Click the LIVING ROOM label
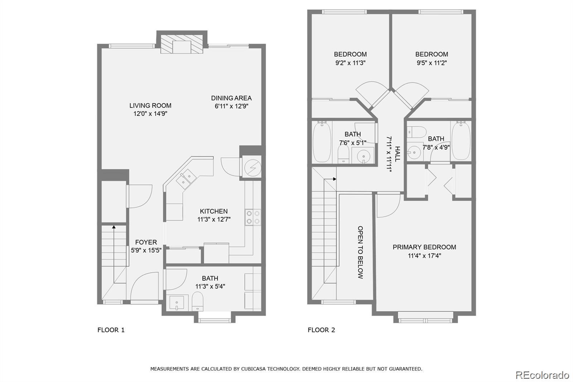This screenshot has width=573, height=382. pyautogui.click(x=150, y=105)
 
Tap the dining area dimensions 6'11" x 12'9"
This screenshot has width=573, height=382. pyautogui.click(x=231, y=106)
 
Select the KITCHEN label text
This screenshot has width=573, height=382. pyautogui.click(x=213, y=211)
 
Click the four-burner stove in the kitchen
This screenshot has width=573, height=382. pyautogui.click(x=253, y=218)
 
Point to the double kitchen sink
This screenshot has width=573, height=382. pyautogui.click(x=186, y=179)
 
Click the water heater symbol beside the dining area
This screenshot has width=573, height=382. pyautogui.click(x=253, y=168)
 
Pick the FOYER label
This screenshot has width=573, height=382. pyautogui.click(x=146, y=242)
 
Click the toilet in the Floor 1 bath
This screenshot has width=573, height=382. pyautogui.click(x=197, y=301)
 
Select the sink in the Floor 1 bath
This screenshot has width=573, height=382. pyautogui.click(x=177, y=302)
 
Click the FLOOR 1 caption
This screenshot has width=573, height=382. pyautogui.click(x=111, y=330)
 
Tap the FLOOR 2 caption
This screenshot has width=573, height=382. pyautogui.click(x=321, y=330)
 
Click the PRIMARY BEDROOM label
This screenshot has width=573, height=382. pyautogui.click(x=424, y=247)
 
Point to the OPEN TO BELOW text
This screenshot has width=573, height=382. pyautogui.click(x=360, y=252)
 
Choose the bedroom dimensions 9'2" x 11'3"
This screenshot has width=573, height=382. pyautogui.click(x=350, y=63)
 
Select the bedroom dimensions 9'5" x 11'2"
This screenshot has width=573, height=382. pyautogui.click(x=432, y=63)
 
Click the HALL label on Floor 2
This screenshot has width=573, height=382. pyautogui.click(x=397, y=154)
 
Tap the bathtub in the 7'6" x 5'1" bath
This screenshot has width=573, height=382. pyautogui.click(x=322, y=142)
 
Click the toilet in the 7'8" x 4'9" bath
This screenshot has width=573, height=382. pyautogui.click(x=417, y=132)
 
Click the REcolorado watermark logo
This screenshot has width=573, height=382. pyautogui.click(x=542, y=375)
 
